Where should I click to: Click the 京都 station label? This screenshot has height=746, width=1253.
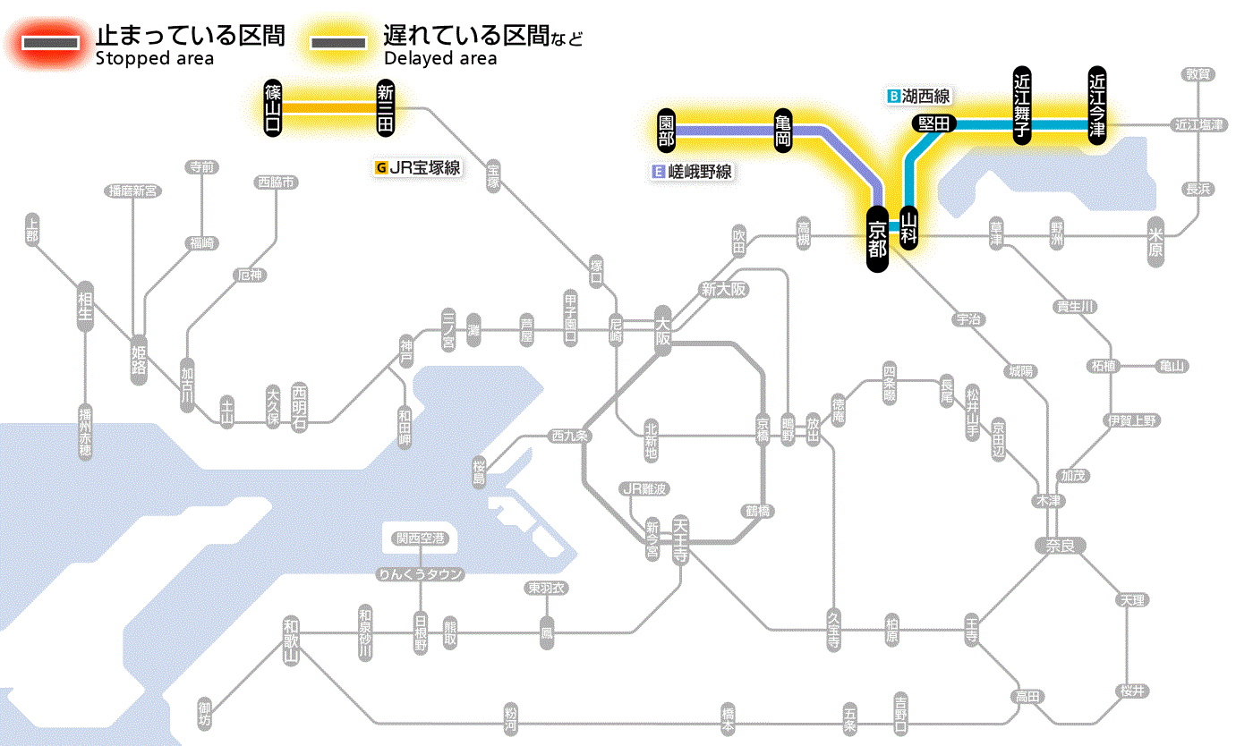pyautogui.click(x=877, y=239)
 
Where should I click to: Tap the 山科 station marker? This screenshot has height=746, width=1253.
pyautogui.click(x=909, y=229)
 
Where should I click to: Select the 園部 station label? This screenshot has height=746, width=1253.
pyautogui.click(x=666, y=131)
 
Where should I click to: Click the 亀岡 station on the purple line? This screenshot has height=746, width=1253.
pyautogui.click(x=784, y=131)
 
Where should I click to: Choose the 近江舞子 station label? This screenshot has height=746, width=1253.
pyautogui.click(x=1022, y=106)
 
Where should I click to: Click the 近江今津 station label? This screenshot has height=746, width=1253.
pyautogui.click(x=1097, y=105)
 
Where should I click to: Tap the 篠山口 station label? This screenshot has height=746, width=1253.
pyautogui.click(x=273, y=107)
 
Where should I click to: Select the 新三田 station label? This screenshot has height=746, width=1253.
pyautogui.click(x=386, y=107)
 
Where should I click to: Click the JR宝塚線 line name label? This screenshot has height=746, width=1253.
pyautogui.click(x=418, y=167)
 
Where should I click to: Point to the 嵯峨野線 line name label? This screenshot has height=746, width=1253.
pyautogui.click(x=693, y=172)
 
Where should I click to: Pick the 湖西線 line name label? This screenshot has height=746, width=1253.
pyautogui.click(x=919, y=96)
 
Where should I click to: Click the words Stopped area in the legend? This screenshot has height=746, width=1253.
pyautogui.click(x=154, y=59)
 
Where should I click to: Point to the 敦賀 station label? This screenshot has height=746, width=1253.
pyautogui.click(x=1198, y=74)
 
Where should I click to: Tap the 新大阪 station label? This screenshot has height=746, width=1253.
pyautogui.click(x=723, y=290)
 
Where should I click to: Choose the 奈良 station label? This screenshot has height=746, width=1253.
pyautogui.click(x=1060, y=545)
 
